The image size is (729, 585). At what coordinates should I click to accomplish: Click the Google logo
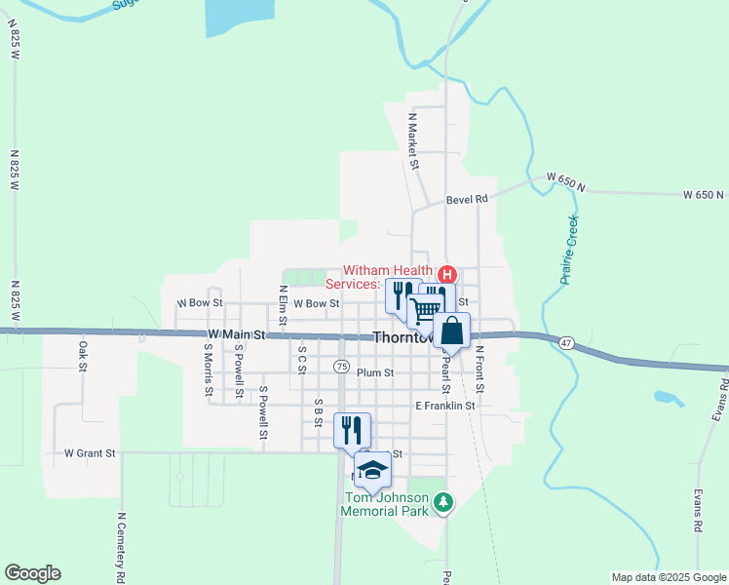pyautogui.click(x=32, y=573)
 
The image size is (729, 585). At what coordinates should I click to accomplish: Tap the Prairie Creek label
pyautogui.click(x=570, y=251)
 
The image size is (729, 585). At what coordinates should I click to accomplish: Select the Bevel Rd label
pyautogui.click(x=466, y=199)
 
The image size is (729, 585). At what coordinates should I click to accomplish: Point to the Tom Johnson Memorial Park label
pyautogui.click(x=387, y=504)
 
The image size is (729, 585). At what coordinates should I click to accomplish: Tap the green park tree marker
pyautogui.click(x=444, y=503)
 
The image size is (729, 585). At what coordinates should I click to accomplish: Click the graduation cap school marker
pyautogui.click(x=370, y=471)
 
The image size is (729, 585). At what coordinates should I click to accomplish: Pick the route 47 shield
pyautogui.click(x=566, y=342)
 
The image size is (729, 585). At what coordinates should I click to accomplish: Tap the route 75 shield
pyautogui.click(x=340, y=367)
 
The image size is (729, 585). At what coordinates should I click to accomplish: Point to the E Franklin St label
pyautogui.click(x=444, y=406)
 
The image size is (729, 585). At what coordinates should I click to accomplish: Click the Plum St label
pyautogui.click(x=374, y=372)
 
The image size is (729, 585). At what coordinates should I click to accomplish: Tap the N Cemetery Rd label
pyautogui.click(x=121, y=547)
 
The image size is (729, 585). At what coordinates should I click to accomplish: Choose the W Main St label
pyautogui.click(x=235, y=334)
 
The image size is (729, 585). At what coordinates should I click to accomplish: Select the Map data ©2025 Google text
pyautogui.click(x=668, y=577)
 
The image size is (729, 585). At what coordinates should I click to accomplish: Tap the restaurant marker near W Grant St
pyautogui.click(x=351, y=430)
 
